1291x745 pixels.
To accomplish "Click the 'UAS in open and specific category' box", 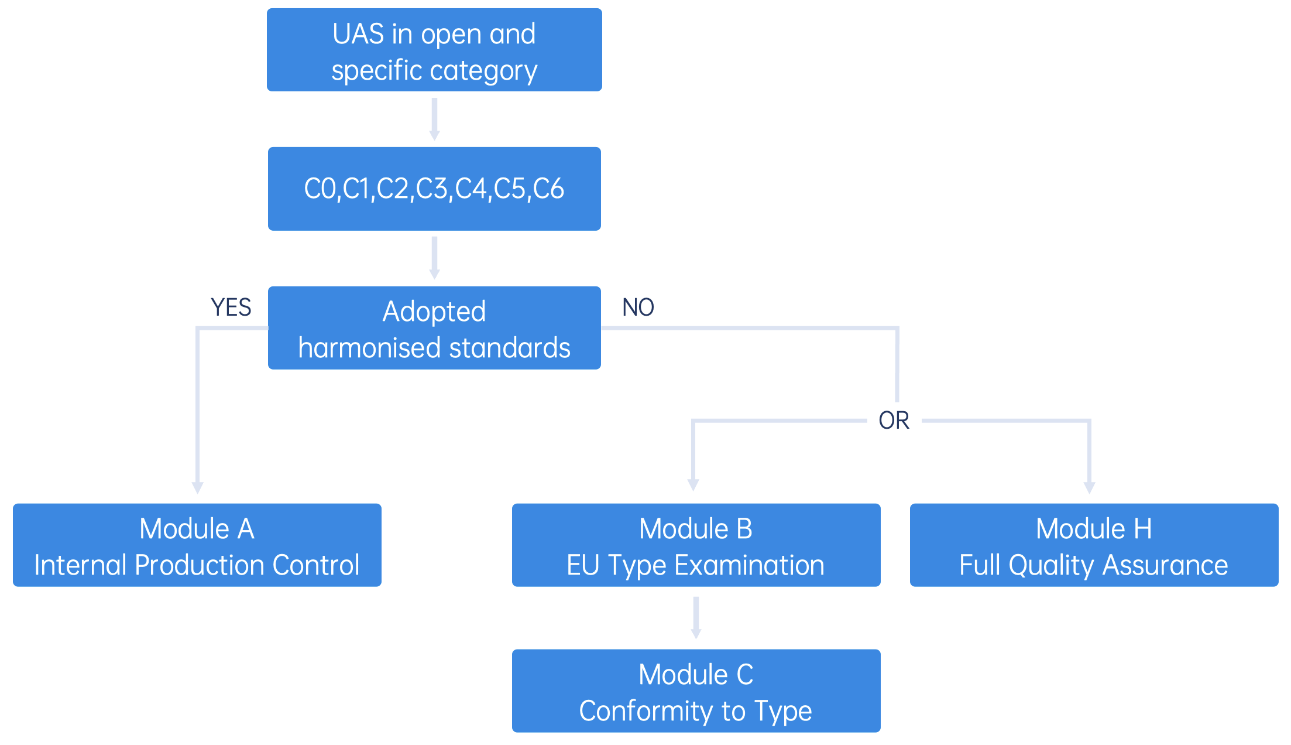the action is pyautogui.click(x=434, y=50).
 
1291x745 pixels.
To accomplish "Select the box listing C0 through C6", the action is pyautogui.click(x=434, y=189).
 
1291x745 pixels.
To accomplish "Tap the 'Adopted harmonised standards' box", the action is pyautogui.click(x=434, y=328).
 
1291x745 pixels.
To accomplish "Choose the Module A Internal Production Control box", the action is pyautogui.click(x=197, y=545).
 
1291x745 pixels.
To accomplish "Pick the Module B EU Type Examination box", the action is pyautogui.click(x=696, y=545).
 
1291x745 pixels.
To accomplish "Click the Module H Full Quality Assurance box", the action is pyautogui.click(x=1094, y=545).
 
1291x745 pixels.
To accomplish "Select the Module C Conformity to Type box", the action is pyautogui.click(x=696, y=691).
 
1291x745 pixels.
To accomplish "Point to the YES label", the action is pyautogui.click(x=231, y=307).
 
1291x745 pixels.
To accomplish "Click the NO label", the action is pyautogui.click(x=638, y=307).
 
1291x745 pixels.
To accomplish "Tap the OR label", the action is pyautogui.click(x=894, y=421).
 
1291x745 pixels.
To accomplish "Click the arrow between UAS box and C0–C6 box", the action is pyautogui.click(x=434, y=119).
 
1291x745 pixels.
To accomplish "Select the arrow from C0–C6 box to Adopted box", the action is pyautogui.click(x=434, y=258).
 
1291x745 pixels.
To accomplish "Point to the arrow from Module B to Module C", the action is pyautogui.click(x=696, y=618).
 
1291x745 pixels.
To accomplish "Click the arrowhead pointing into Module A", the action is pyautogui.click(x=198, y=488).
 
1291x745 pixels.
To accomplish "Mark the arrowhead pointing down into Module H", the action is pyautogui.click(x=1090, y=488).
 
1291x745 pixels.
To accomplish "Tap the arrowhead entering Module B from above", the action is pyautogui.click(x=693, y=485).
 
